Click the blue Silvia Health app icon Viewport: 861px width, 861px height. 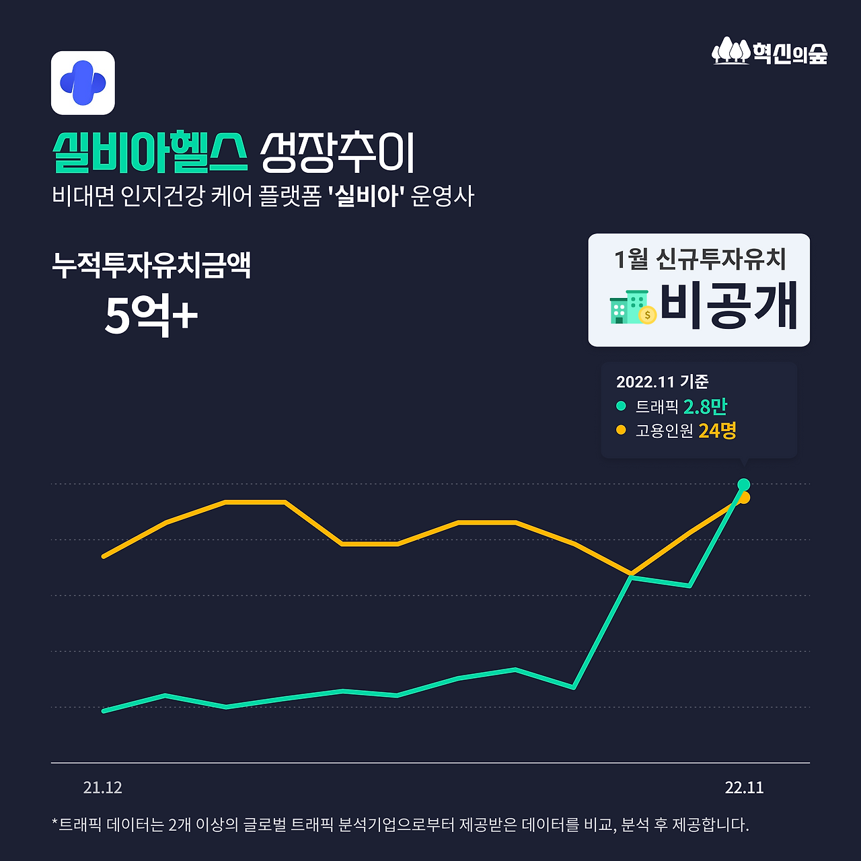pos(83,83)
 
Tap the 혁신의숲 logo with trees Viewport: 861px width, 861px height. pos(770,52)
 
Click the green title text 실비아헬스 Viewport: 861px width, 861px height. pos(150,153)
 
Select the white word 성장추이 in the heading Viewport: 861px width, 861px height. pos(338,153)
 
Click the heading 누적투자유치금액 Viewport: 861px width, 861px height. pos(151,265)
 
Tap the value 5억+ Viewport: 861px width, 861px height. pos(151,315)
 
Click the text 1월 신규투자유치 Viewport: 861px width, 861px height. pos(700,259)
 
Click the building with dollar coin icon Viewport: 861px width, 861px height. pos(632,308)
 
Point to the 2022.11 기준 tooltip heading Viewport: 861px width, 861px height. pos(662,382)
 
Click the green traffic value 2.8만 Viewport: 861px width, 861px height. pos(705,406)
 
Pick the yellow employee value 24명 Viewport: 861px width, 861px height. pos(717,430)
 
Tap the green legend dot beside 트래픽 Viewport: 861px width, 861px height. pos(621,406)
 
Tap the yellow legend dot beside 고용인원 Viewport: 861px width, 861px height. pos(621,430)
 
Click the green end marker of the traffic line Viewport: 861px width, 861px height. pos(743,484)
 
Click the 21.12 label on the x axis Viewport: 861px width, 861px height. pos(103,788)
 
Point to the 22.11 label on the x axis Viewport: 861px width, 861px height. pos(744,788)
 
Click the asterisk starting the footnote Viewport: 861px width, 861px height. pos(54,823)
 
